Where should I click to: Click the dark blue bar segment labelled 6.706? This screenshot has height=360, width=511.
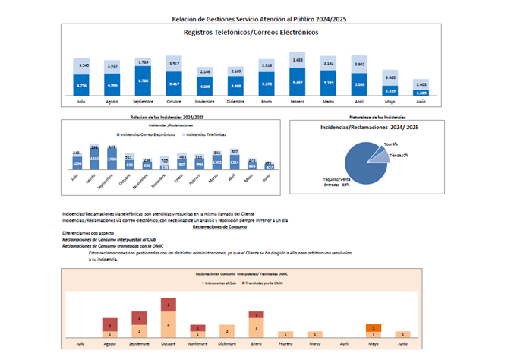(144, 80)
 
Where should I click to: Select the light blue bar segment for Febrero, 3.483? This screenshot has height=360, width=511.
(298, 60)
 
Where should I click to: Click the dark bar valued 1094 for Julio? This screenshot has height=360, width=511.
(77, 164)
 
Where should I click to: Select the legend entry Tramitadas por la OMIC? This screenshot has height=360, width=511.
(262, 281)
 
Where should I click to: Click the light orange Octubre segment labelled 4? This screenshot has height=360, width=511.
(167, 324)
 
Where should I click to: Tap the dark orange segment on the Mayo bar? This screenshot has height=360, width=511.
(373, 327)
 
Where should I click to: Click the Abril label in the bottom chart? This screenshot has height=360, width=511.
(343, 344)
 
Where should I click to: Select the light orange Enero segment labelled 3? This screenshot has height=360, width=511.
(256, 327)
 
